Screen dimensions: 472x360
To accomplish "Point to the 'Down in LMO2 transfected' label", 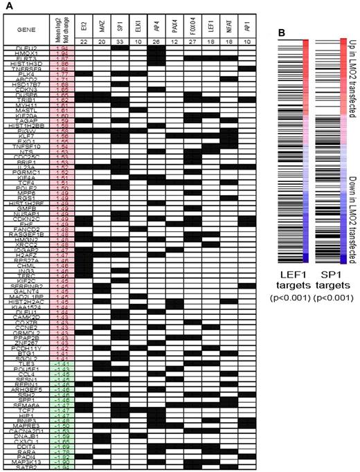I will click(352, 215).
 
